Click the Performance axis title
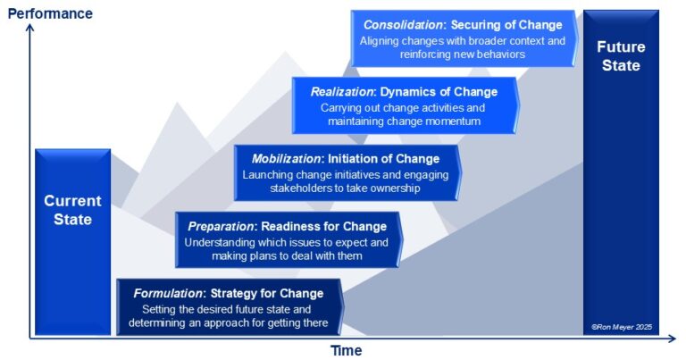coord(50,13)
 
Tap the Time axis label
coord(346,350)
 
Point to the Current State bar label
coord(72,210)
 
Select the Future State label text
coord(621,56)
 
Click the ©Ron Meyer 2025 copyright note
coord(622,327)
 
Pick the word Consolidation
coord(403,25)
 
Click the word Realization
coord(342,92)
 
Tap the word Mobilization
coord(286,159)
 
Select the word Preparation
coord(221,227)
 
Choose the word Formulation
coord(168,294)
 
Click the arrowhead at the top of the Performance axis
coord(29,28)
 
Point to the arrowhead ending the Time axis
coord(672,339)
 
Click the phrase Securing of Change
coord(506,25)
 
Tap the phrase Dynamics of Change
coord(439,92)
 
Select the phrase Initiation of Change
coord(384,159)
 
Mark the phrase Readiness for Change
coord(323,227)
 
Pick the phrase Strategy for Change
coord(267,294)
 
